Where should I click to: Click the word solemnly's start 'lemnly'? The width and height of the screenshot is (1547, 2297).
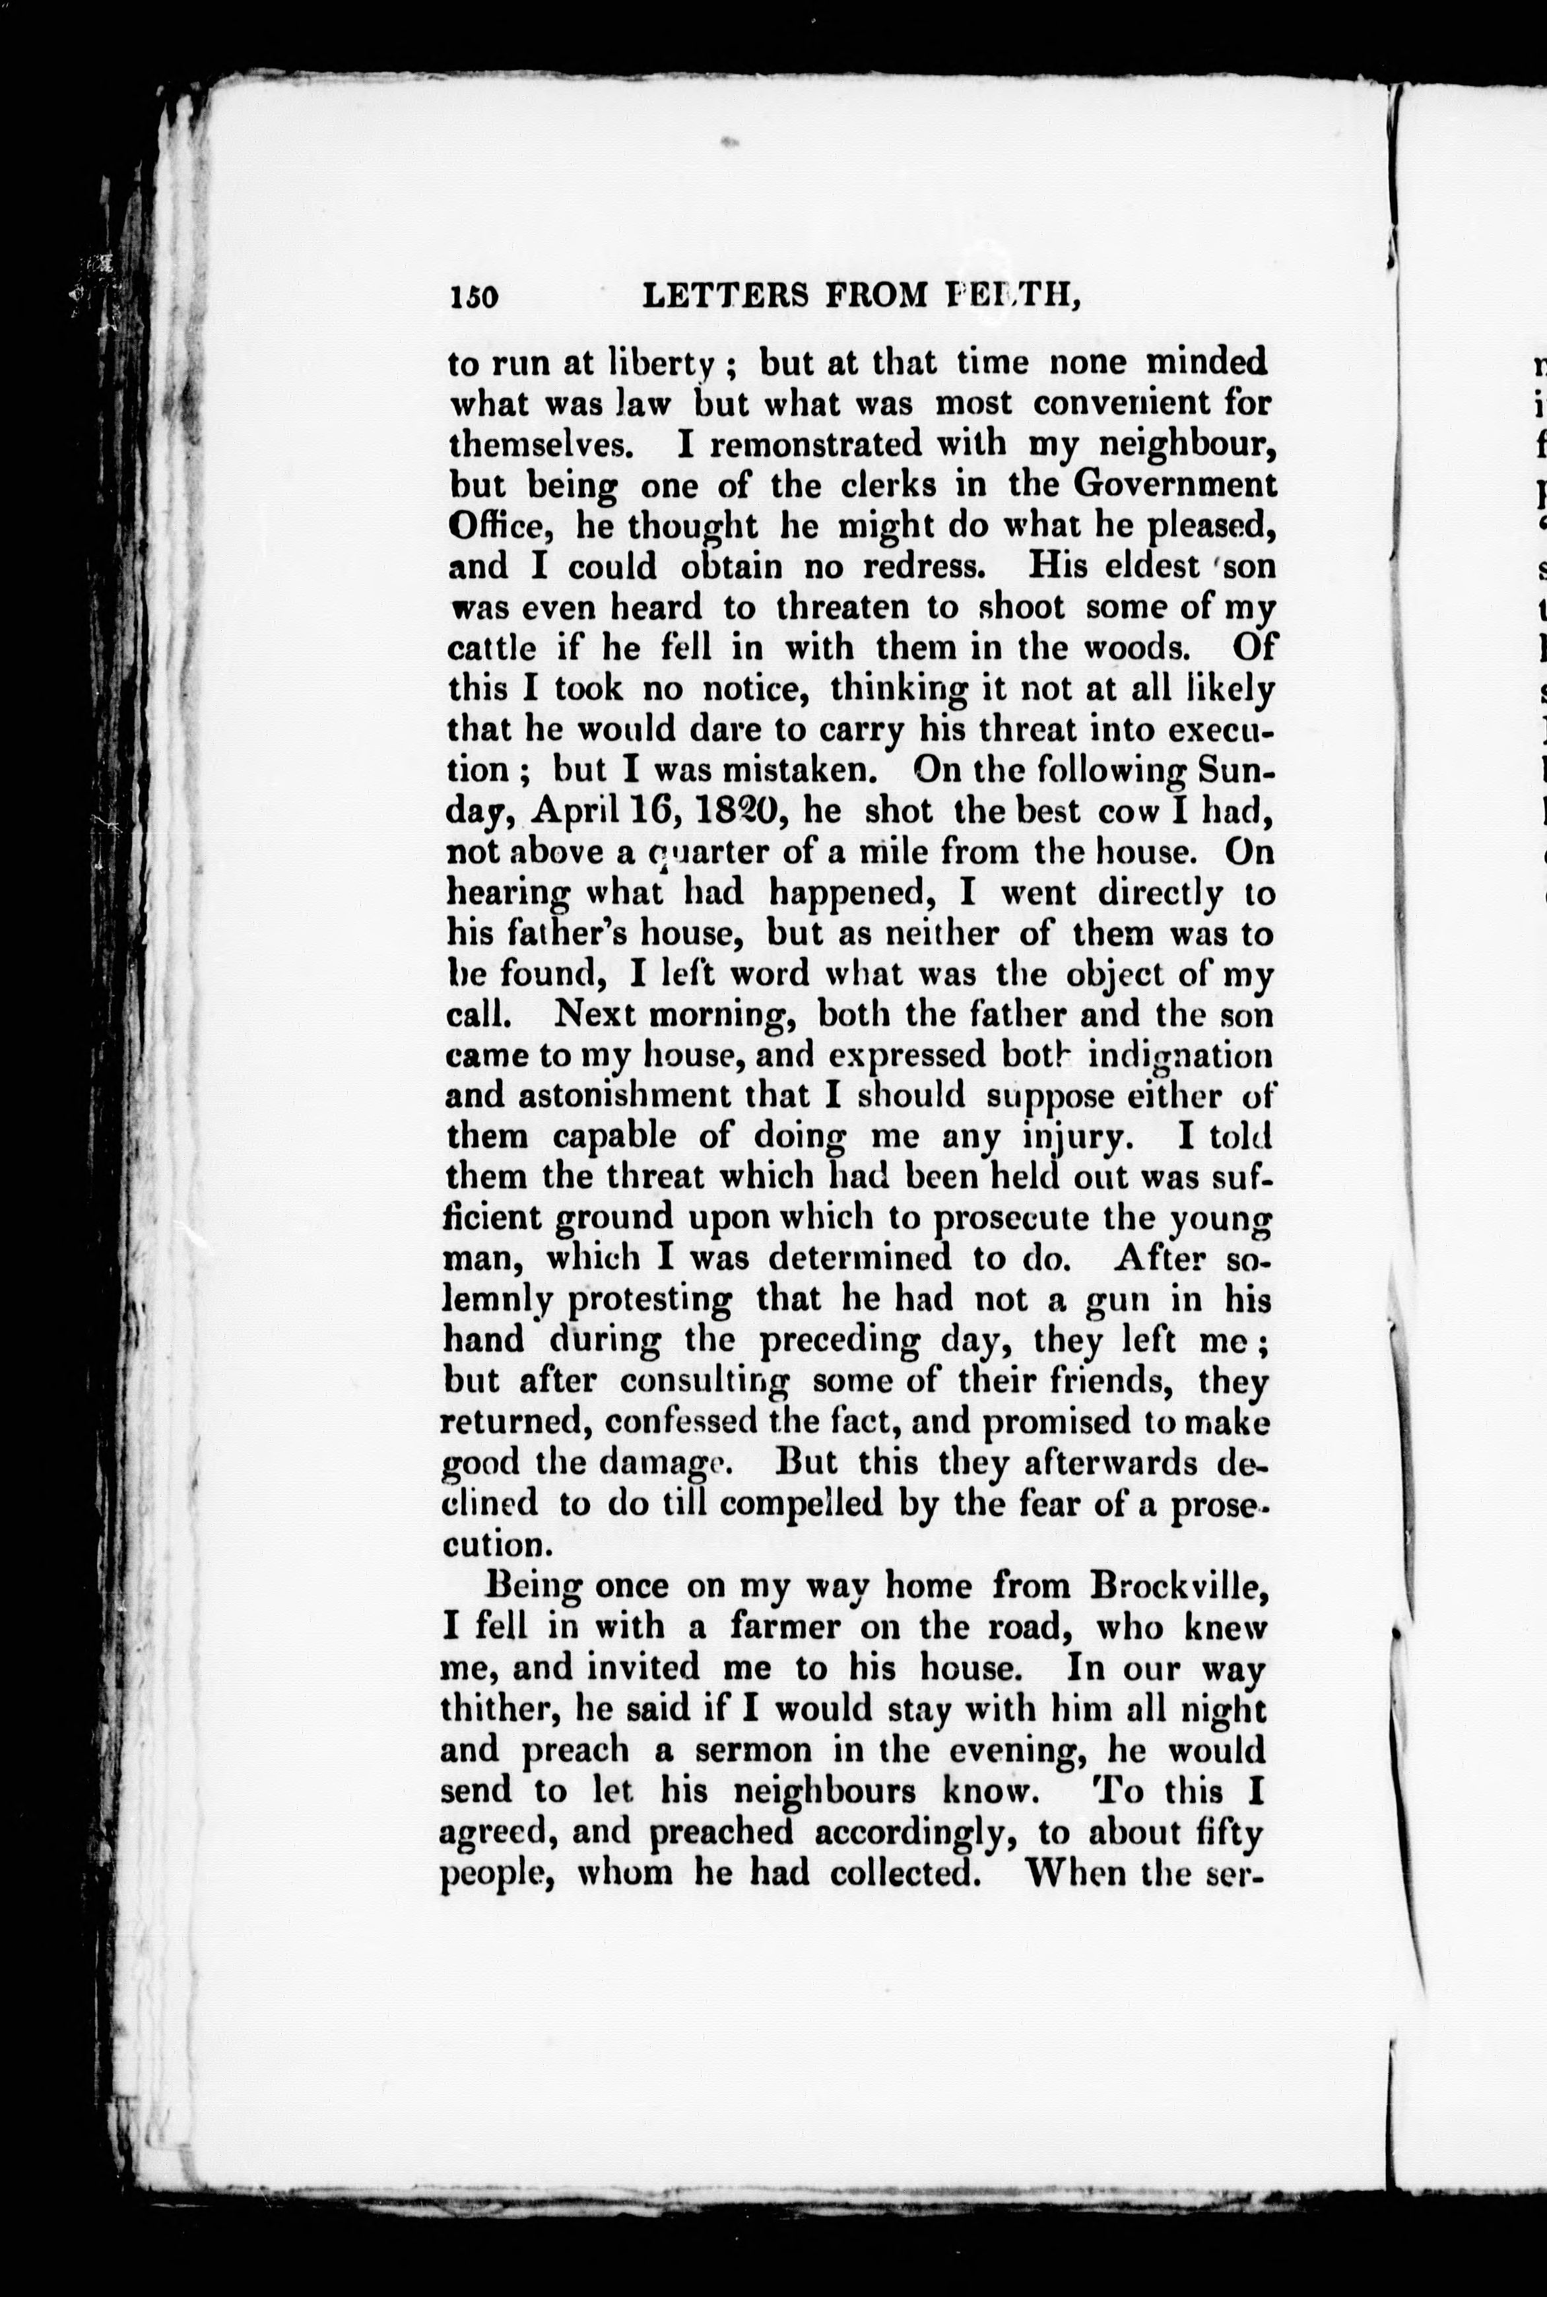489,1300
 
